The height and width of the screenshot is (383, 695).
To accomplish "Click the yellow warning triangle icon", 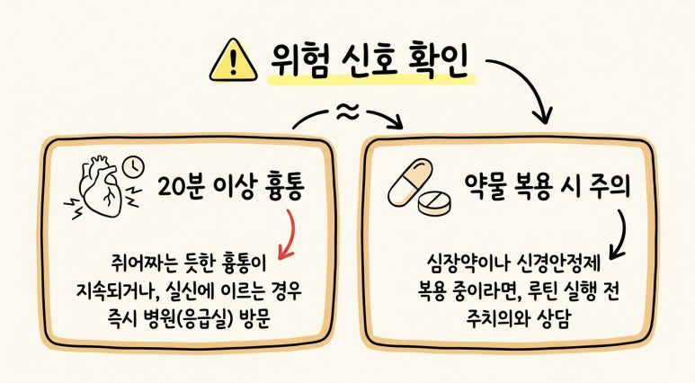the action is (233, 61).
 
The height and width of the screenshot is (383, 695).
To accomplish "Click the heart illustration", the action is (100, 185).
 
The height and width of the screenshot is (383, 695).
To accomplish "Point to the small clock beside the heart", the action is (134, 167).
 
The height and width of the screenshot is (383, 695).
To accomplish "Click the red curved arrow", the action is (289, 235).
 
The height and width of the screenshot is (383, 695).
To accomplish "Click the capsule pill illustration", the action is (410, 183).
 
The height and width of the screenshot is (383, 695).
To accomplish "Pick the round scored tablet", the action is (435, 204).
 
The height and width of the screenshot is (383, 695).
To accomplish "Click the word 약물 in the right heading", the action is (486, 185).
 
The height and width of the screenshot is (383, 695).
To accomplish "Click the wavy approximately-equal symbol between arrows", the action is (347, 112).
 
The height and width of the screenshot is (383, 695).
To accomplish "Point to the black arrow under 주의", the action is (619, 236).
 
